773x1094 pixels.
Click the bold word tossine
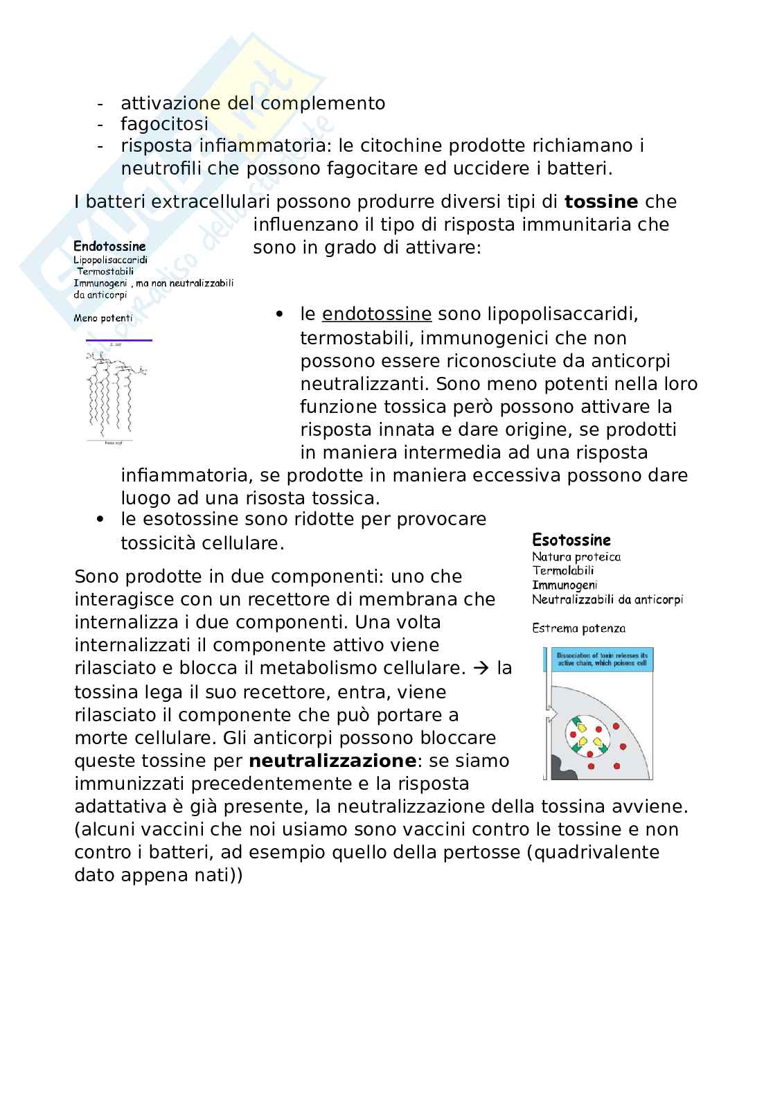point(601,202)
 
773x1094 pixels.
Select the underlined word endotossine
point(377,315)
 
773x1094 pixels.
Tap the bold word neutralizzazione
point(332,761)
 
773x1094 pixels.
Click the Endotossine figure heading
point(109,247)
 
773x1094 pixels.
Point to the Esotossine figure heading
point(571,540)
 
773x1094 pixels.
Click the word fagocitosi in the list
point(164,125)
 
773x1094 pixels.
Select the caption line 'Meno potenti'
point(103,319)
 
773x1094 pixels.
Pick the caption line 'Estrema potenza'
point(578,629)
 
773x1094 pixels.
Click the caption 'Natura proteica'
point(576,557)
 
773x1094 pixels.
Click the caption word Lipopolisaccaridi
point(110,260)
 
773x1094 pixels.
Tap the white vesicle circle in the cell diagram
point(587,736)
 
